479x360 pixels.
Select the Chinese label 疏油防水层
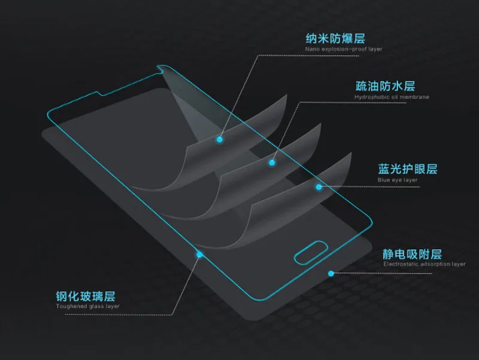click(x=376, y=86)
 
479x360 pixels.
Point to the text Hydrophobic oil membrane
click(x=392, y=97)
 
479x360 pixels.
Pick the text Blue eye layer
click(x=398, y=180)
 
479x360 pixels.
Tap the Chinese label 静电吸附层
click(x=413, y=253)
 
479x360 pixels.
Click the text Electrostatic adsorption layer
click(x=425, y=264)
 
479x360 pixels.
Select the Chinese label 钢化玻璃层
click(x=84, y=296)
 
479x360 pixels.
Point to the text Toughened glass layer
click(x=88, y=306)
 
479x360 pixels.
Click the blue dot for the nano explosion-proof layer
click(x=220, y=139)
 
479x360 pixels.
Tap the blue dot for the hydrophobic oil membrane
click(x=272, y=162)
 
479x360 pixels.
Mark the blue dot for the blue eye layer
click(x=319, y=186)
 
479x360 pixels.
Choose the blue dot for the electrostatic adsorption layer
click(x=331, y=273)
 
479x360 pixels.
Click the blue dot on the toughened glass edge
click(x=199, y=254)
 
